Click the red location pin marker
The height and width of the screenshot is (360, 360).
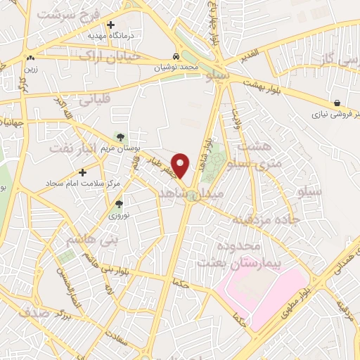(x=181, y=165)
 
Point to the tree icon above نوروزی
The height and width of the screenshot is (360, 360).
(x=119, y=204)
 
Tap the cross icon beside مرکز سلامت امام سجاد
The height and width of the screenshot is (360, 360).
(x=83, y=171)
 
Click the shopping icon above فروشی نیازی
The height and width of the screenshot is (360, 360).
(x=338, y=102)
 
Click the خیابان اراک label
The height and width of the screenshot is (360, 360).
(x=110, y=56)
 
